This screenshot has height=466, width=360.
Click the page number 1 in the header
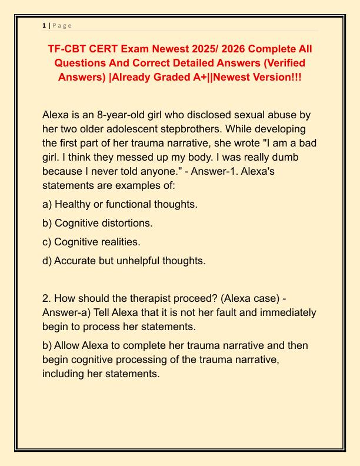(44, 25)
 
